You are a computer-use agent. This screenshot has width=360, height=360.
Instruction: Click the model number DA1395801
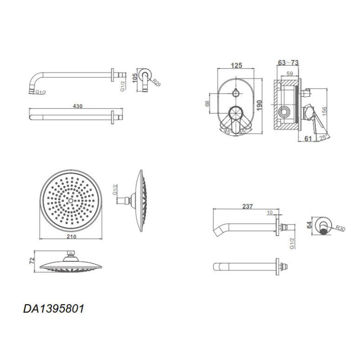point(54,309)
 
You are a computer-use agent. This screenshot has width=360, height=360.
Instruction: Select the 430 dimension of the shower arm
point(77,106)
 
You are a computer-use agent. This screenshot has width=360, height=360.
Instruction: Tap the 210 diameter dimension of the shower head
point(72,236)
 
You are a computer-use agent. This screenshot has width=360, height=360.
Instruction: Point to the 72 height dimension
point(32,261)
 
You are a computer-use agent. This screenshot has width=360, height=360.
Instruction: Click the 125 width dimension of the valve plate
point(237,65)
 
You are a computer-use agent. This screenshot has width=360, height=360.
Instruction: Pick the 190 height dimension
point(259,105)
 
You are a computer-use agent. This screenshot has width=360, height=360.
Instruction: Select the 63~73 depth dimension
point(288,63)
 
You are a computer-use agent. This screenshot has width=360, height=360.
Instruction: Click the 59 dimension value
point(290,74)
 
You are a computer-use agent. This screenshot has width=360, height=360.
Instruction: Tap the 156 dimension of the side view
point(324,111)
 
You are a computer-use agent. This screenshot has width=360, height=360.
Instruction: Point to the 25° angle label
point(324,138)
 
